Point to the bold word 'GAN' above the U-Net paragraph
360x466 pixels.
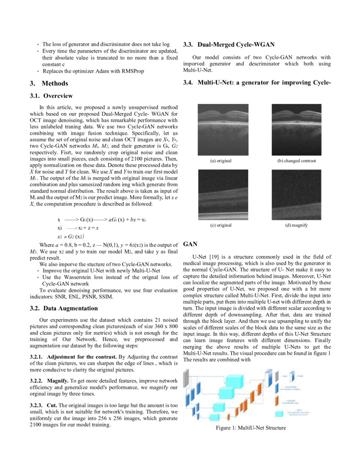pyautogui.click(x=190, y=244)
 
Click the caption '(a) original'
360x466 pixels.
pyautogui.click(x=221, y=161)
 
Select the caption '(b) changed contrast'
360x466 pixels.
pyautogui.click(x=296, y=161)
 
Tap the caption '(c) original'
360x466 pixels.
pyautogui.click(x=221, y=225)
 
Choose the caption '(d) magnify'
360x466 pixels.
pyautogui.click(x=296, y=225)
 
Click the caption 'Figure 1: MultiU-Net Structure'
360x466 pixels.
pyautogui.click(x=251, y=427)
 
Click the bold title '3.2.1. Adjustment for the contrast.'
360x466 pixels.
pyautogui.click(x=74, y=357)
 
